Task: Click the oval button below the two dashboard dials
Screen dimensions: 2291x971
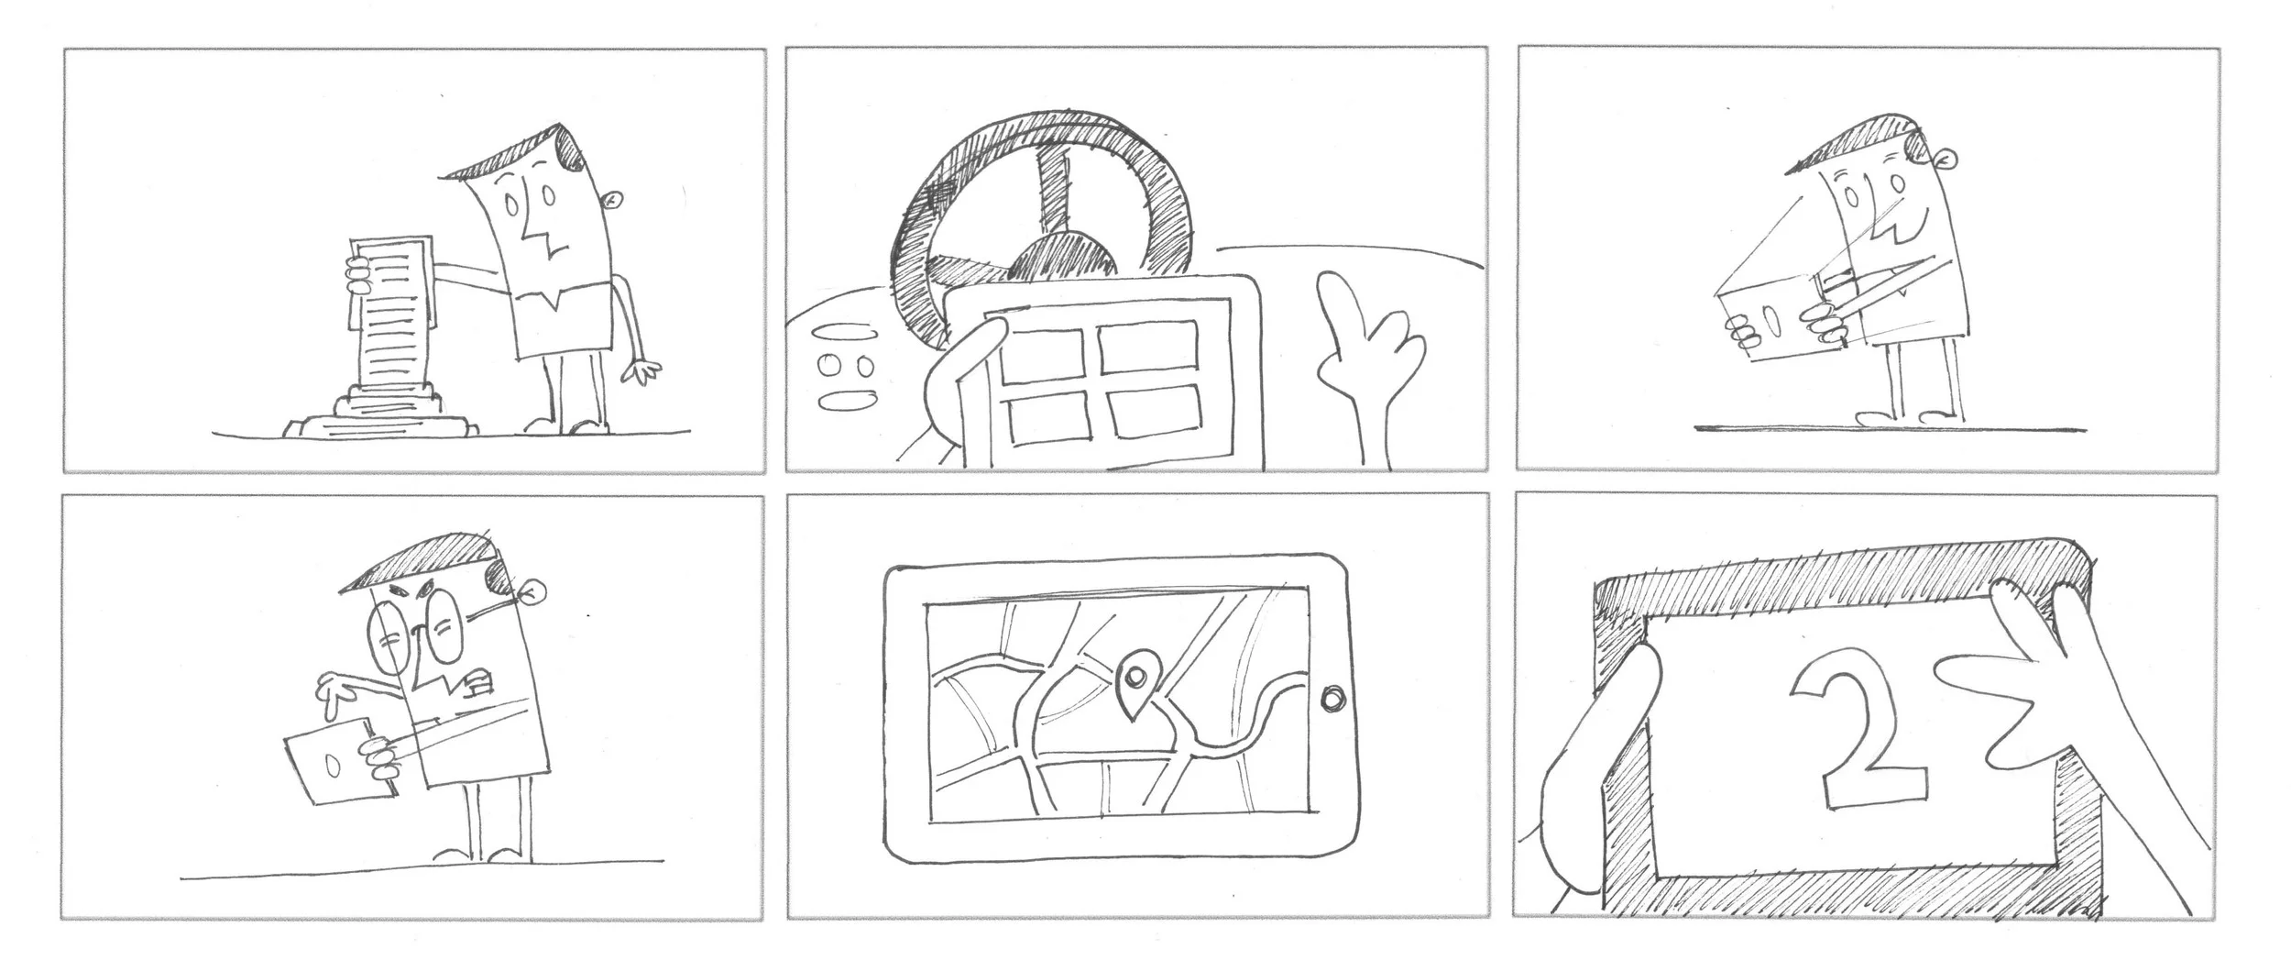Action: (x=845, y=400)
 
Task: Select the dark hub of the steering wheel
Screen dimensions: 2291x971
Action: (x=1063, y=258)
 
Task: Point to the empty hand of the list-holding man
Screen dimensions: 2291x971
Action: (x=641, y=370)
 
